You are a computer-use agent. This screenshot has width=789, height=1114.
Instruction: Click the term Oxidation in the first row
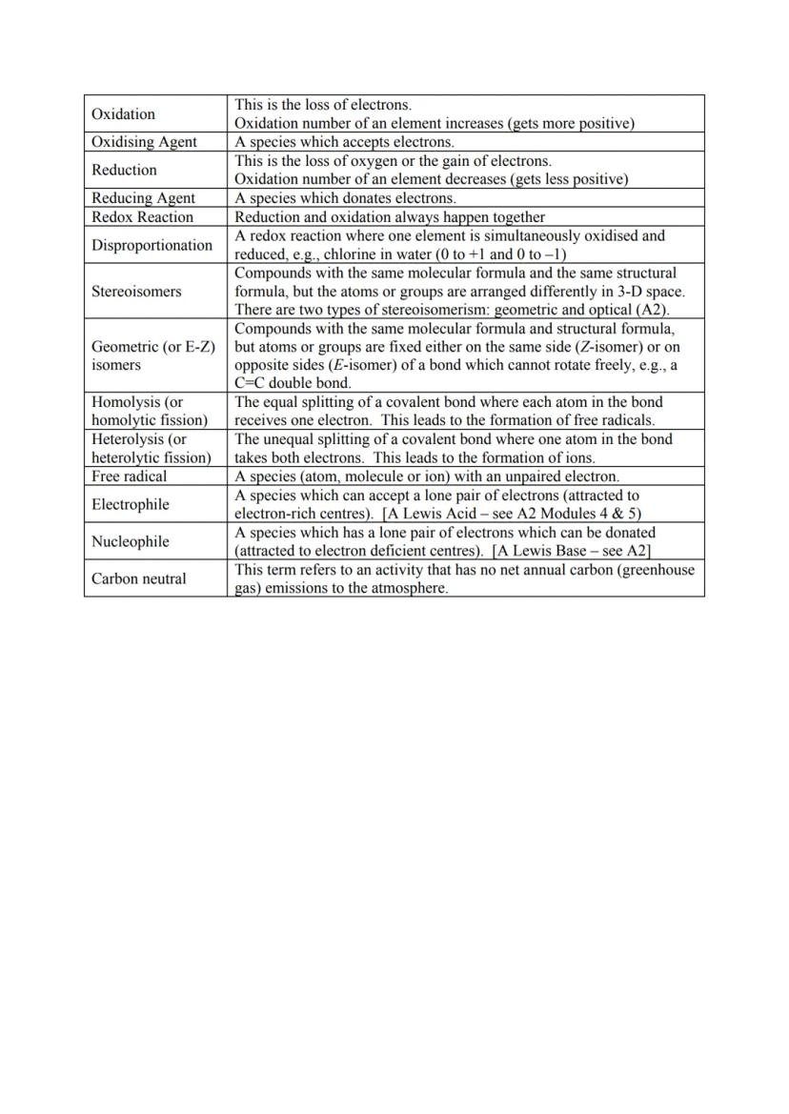point(123,114)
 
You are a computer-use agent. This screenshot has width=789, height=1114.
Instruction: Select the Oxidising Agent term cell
point(144,142)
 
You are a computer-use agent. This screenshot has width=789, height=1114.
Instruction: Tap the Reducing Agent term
point(143,198)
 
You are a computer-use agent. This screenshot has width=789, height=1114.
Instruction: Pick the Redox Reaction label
point(142,217)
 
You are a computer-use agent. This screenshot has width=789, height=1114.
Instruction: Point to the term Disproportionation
point(152,245)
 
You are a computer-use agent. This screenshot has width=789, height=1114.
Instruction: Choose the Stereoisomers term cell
point(136,292)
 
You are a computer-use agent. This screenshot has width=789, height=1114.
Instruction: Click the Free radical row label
point(129,476)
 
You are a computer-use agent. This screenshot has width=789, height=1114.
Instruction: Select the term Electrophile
point(130,504)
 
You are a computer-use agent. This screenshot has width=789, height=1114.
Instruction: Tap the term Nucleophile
point(130,541)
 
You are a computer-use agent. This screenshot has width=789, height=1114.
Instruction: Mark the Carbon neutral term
point(139,578)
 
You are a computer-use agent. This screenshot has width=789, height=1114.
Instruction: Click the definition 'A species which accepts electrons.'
point(344,142)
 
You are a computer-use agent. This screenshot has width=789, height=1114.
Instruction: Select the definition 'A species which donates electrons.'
point(345,198)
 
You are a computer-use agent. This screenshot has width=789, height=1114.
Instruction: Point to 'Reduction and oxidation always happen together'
point(390,217)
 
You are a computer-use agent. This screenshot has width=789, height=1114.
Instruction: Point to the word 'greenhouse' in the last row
point(660,570)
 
